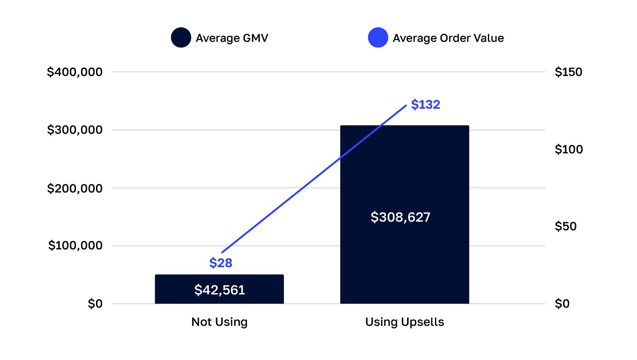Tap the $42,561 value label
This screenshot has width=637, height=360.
(219, 290)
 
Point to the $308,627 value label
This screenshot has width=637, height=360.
(400, 217)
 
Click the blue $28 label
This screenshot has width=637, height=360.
(221, 263)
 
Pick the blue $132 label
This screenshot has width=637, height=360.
(425, 105)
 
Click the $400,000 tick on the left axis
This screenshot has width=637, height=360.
(75, 72)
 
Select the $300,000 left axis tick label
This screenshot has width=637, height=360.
(75, 130)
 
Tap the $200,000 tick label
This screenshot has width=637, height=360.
(75, 188)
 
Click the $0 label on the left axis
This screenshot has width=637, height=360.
(95, 304)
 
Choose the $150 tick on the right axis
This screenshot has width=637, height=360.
(568, 72)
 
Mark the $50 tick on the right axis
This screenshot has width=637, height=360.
(566, 226)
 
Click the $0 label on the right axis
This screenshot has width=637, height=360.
(562, 304)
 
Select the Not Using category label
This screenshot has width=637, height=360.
(219, 322)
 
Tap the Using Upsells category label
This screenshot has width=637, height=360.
(404, 322)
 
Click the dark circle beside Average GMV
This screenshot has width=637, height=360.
(181, 38)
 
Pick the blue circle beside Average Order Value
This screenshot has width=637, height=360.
(378, 38)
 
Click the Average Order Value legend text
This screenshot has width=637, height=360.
(448, 38)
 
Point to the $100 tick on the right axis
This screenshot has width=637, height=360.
(568, 149)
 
